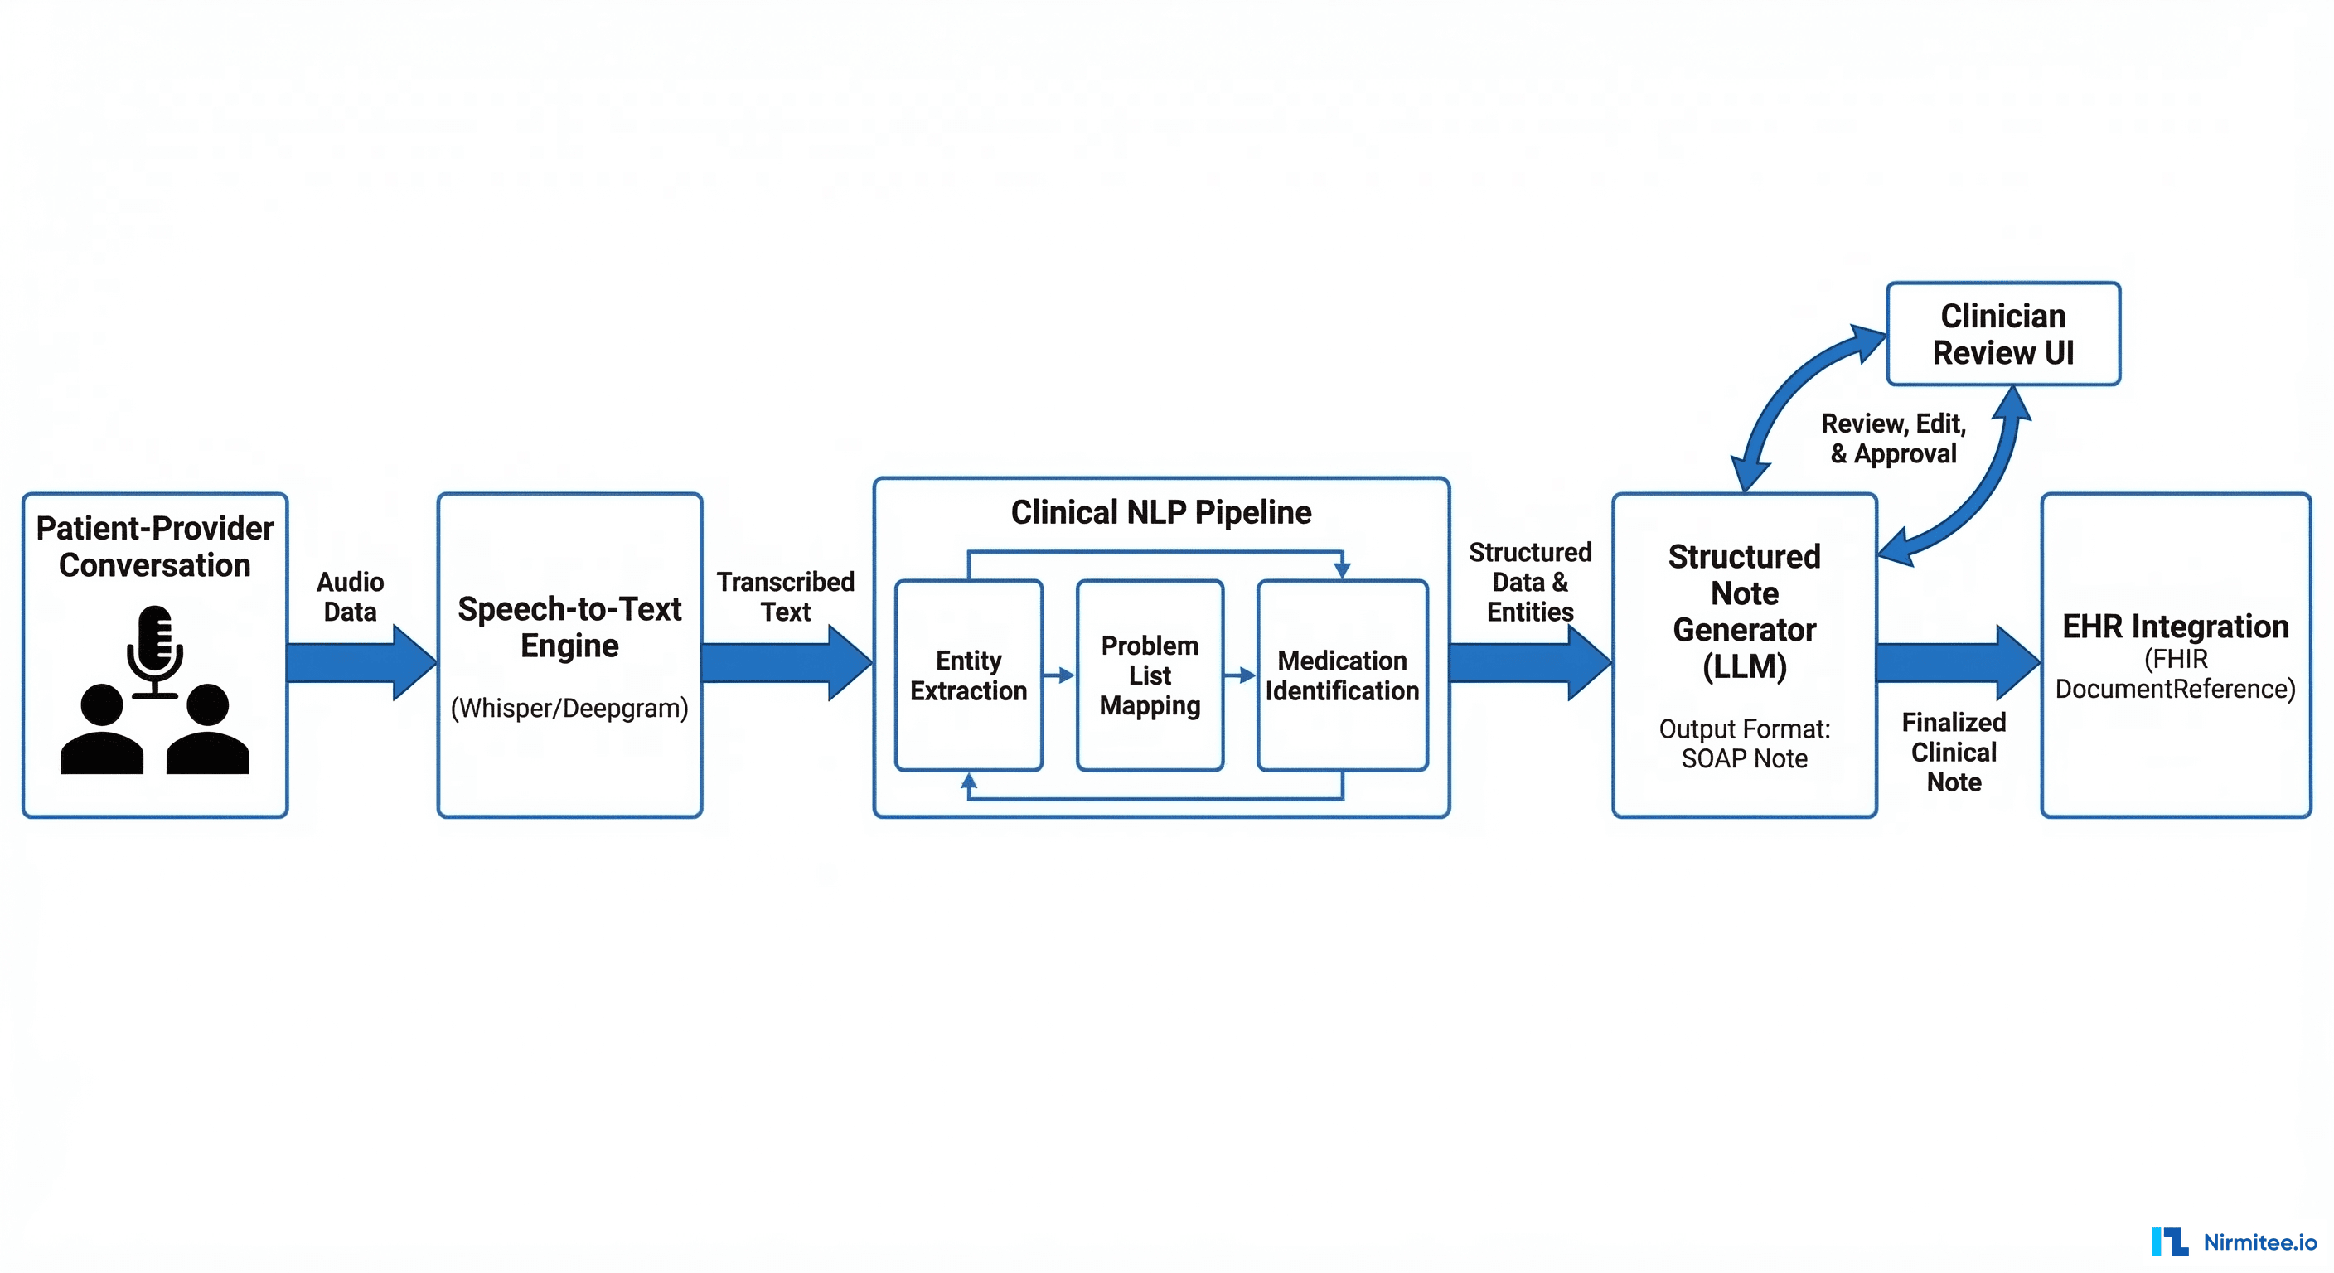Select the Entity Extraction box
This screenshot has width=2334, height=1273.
(x=968, y=675)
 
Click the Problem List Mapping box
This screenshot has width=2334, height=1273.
(x=1149, y=675)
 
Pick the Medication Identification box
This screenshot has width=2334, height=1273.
(x=1341, y=675)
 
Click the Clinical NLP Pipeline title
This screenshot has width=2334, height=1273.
(x=1160, y=513)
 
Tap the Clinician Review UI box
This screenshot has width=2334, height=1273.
(x=2002, y=333)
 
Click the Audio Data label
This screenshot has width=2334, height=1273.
(x=350, y=596)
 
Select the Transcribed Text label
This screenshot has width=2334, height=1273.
(x=785, y=596)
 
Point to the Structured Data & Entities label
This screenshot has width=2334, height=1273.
(x=1529, y=582)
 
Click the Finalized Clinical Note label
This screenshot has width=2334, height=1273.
(x=1954, y=751)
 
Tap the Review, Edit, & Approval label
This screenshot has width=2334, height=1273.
(x=1894, y=438)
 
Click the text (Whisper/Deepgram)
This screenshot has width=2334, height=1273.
(x=569, y=708)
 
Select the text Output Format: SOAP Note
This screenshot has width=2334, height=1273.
(x=1743, y=743)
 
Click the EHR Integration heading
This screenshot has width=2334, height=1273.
(x=2175, y=626)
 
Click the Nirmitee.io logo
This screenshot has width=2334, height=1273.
(x=2234, y=1242)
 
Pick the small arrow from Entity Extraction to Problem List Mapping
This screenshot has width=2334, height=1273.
(x=1058, y=675)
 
